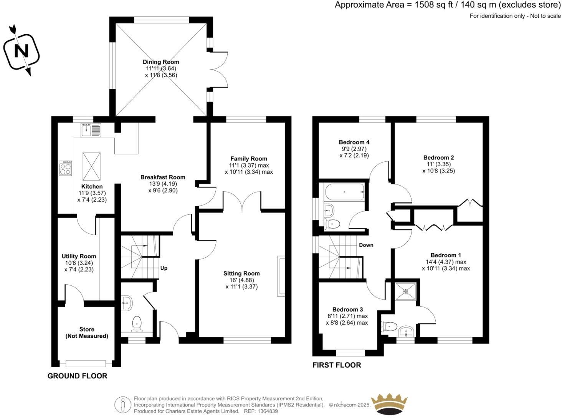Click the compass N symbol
pos(21,51)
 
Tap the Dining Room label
pos(161,62)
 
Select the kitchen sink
pos(91,130)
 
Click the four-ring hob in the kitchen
pos(65,168)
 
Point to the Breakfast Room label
pos(163,177)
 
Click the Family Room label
pos(249,159)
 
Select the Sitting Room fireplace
pos(281,277)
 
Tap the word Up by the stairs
pos(164,268)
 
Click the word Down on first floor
pos(366,245)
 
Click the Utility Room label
pos(79,256)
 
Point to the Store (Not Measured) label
pos(87,333)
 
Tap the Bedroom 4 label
pos(354,142)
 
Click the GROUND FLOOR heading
pos(77,376)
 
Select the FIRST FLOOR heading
pos(337,365)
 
